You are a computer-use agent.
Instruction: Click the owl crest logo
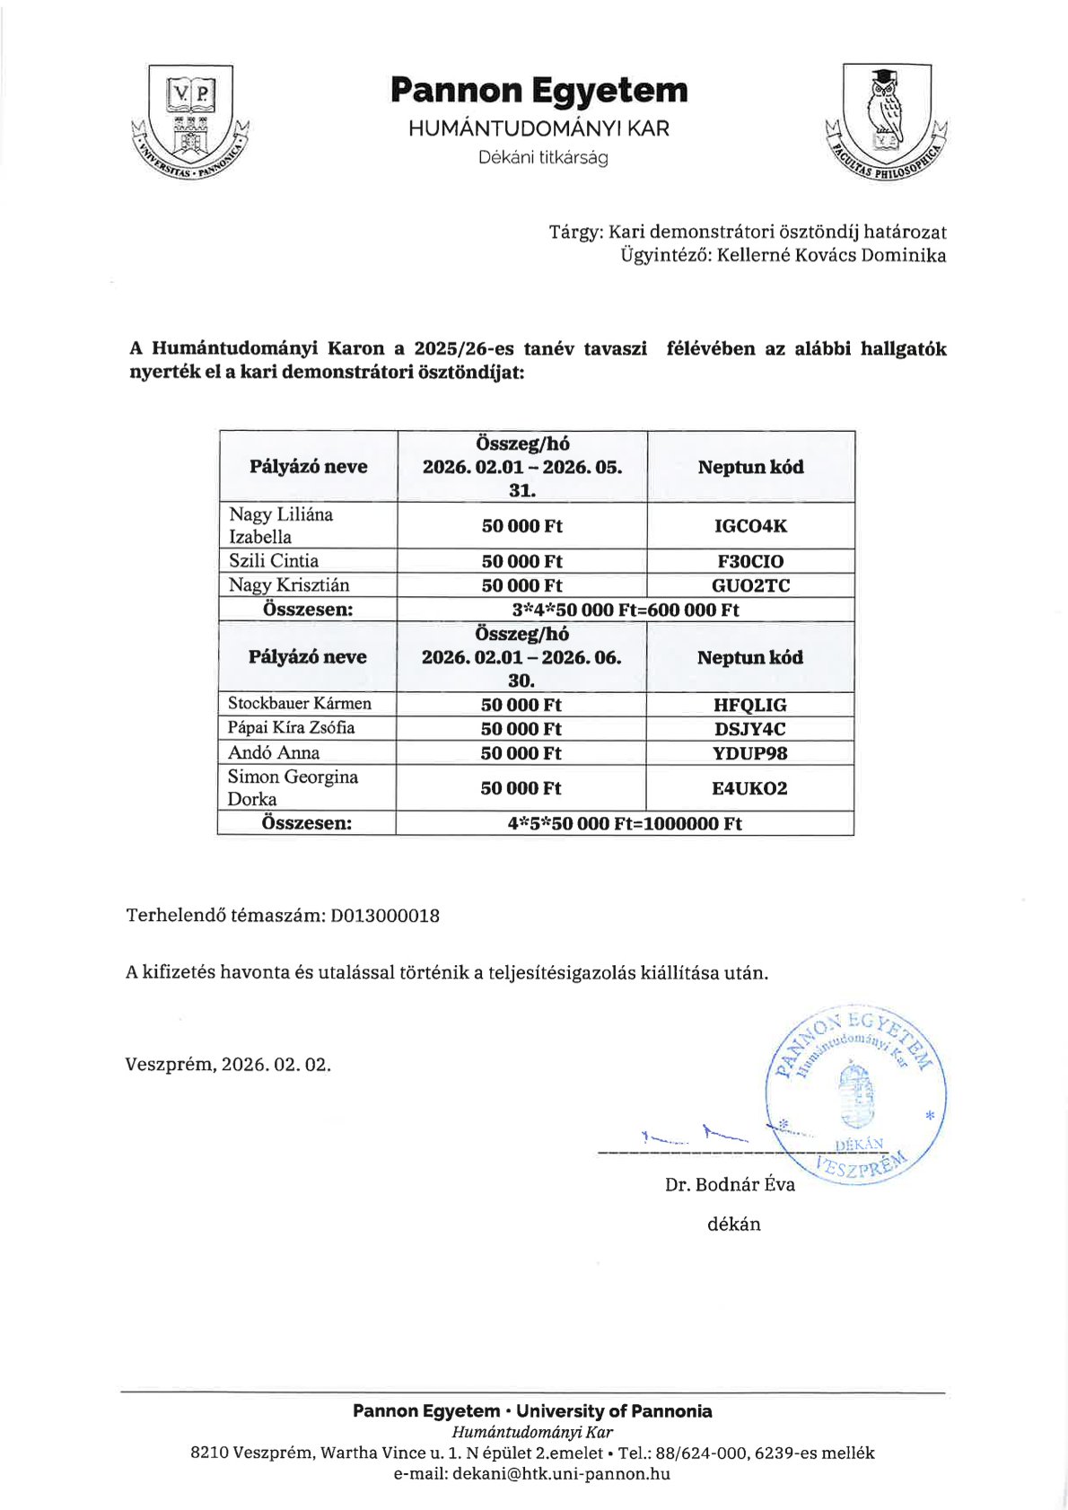tap(886, 120)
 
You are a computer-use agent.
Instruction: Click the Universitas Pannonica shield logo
tap(190, 120)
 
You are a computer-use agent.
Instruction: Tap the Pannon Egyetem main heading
tap(538, 91)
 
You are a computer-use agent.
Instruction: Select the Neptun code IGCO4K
tap(750, 526)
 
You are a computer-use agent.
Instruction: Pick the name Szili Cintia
tap(274, 561)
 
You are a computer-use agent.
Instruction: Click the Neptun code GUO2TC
tap(750, 585)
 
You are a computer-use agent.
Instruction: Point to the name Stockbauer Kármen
tap(299, 704)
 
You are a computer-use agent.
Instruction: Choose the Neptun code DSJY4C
tap(749, 729)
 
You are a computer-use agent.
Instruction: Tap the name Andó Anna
tap(274, 753)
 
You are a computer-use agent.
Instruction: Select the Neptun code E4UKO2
tap(749, 788)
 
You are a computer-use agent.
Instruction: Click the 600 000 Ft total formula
tap(625, 610)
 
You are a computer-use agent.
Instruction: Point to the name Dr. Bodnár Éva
tap(730, 1185)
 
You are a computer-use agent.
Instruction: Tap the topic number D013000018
tap(385, 916)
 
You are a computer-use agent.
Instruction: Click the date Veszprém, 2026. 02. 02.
tap(228, 1065)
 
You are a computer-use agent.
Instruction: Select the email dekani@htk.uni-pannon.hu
tap(561, 1473)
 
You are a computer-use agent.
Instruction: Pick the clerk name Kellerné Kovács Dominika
tap(831, 255)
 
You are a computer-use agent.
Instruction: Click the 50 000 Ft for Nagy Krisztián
tap(521, 585)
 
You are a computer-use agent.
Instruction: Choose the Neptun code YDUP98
tap(749, 753)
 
